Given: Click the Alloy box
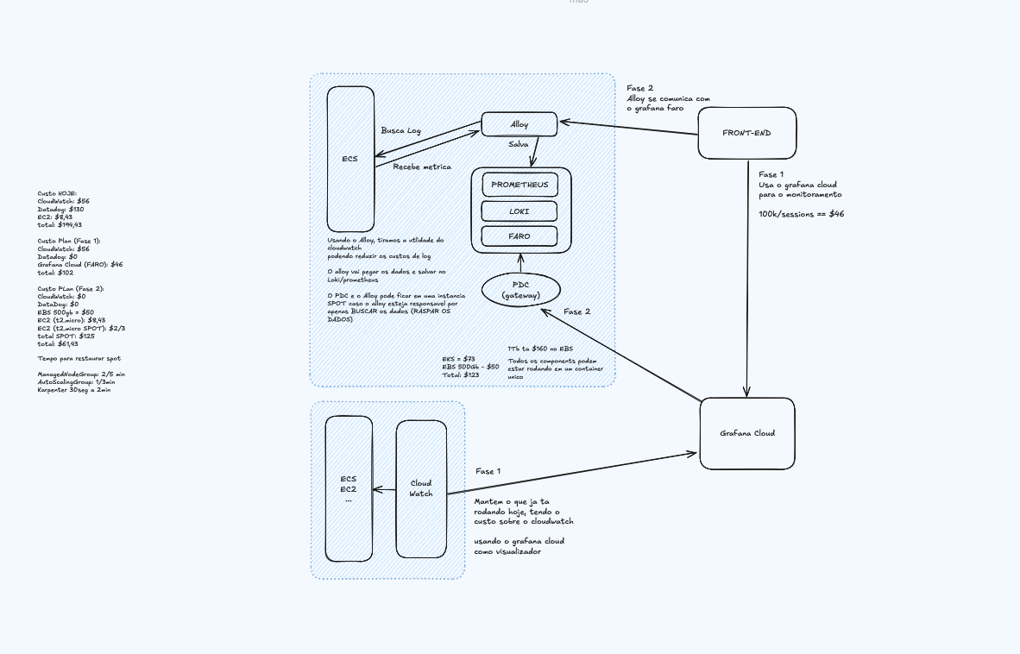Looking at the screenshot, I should [x=519, y=124].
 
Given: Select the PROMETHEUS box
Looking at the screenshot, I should [x=519, y=185].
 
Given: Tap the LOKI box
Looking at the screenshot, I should [x=519, y=211].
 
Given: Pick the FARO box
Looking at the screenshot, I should [x=519, y=236].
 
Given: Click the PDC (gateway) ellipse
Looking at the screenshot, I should [x=520, y=290].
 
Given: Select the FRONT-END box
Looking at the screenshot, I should [x=746, y=133].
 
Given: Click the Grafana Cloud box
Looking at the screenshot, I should [x=747, y=433].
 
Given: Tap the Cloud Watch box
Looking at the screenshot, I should [x=421, y=488].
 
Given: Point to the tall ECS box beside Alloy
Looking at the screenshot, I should [x=349, y=159].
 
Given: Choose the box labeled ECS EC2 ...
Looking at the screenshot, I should [x=349, y=488].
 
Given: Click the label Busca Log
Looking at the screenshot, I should [x=401, y=130].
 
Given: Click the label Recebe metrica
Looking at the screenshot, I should [x=422, y=167].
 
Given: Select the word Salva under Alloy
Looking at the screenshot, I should [x=518, y=144].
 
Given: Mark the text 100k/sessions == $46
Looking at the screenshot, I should [x=801, y=213].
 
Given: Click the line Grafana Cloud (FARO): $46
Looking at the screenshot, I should [x=80, y=265].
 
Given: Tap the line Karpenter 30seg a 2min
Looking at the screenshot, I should [x=74, y=390].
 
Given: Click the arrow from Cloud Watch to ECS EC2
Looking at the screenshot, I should [x=384, y=490].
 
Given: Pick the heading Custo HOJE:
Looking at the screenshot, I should [x=57, y=193].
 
